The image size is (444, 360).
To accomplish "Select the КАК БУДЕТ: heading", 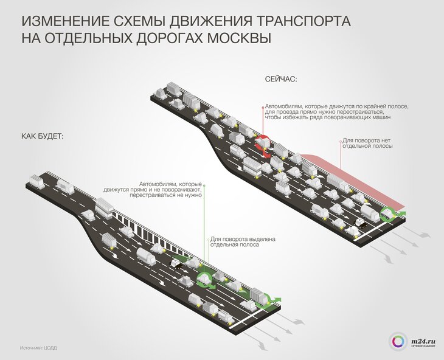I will [x=43, y=136].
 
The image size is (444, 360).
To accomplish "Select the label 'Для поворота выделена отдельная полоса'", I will [x=242, y=242].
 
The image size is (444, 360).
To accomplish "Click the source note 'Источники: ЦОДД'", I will [x=42, y=348].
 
